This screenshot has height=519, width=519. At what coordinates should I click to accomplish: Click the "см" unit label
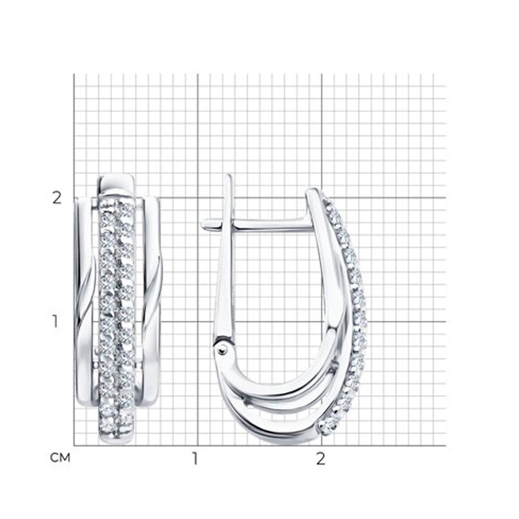coord(60,458)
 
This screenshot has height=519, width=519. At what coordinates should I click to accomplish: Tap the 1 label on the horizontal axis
coord(195,458)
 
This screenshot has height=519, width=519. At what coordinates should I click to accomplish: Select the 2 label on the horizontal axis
coord(320,458)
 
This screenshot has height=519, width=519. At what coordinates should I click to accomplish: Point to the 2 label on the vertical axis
coord(57,198)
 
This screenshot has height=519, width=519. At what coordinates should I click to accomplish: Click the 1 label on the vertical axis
coord(55,321)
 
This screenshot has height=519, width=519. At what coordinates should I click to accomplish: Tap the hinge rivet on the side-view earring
coord(223,349)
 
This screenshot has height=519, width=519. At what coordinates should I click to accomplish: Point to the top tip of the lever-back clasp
coord(228,175)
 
